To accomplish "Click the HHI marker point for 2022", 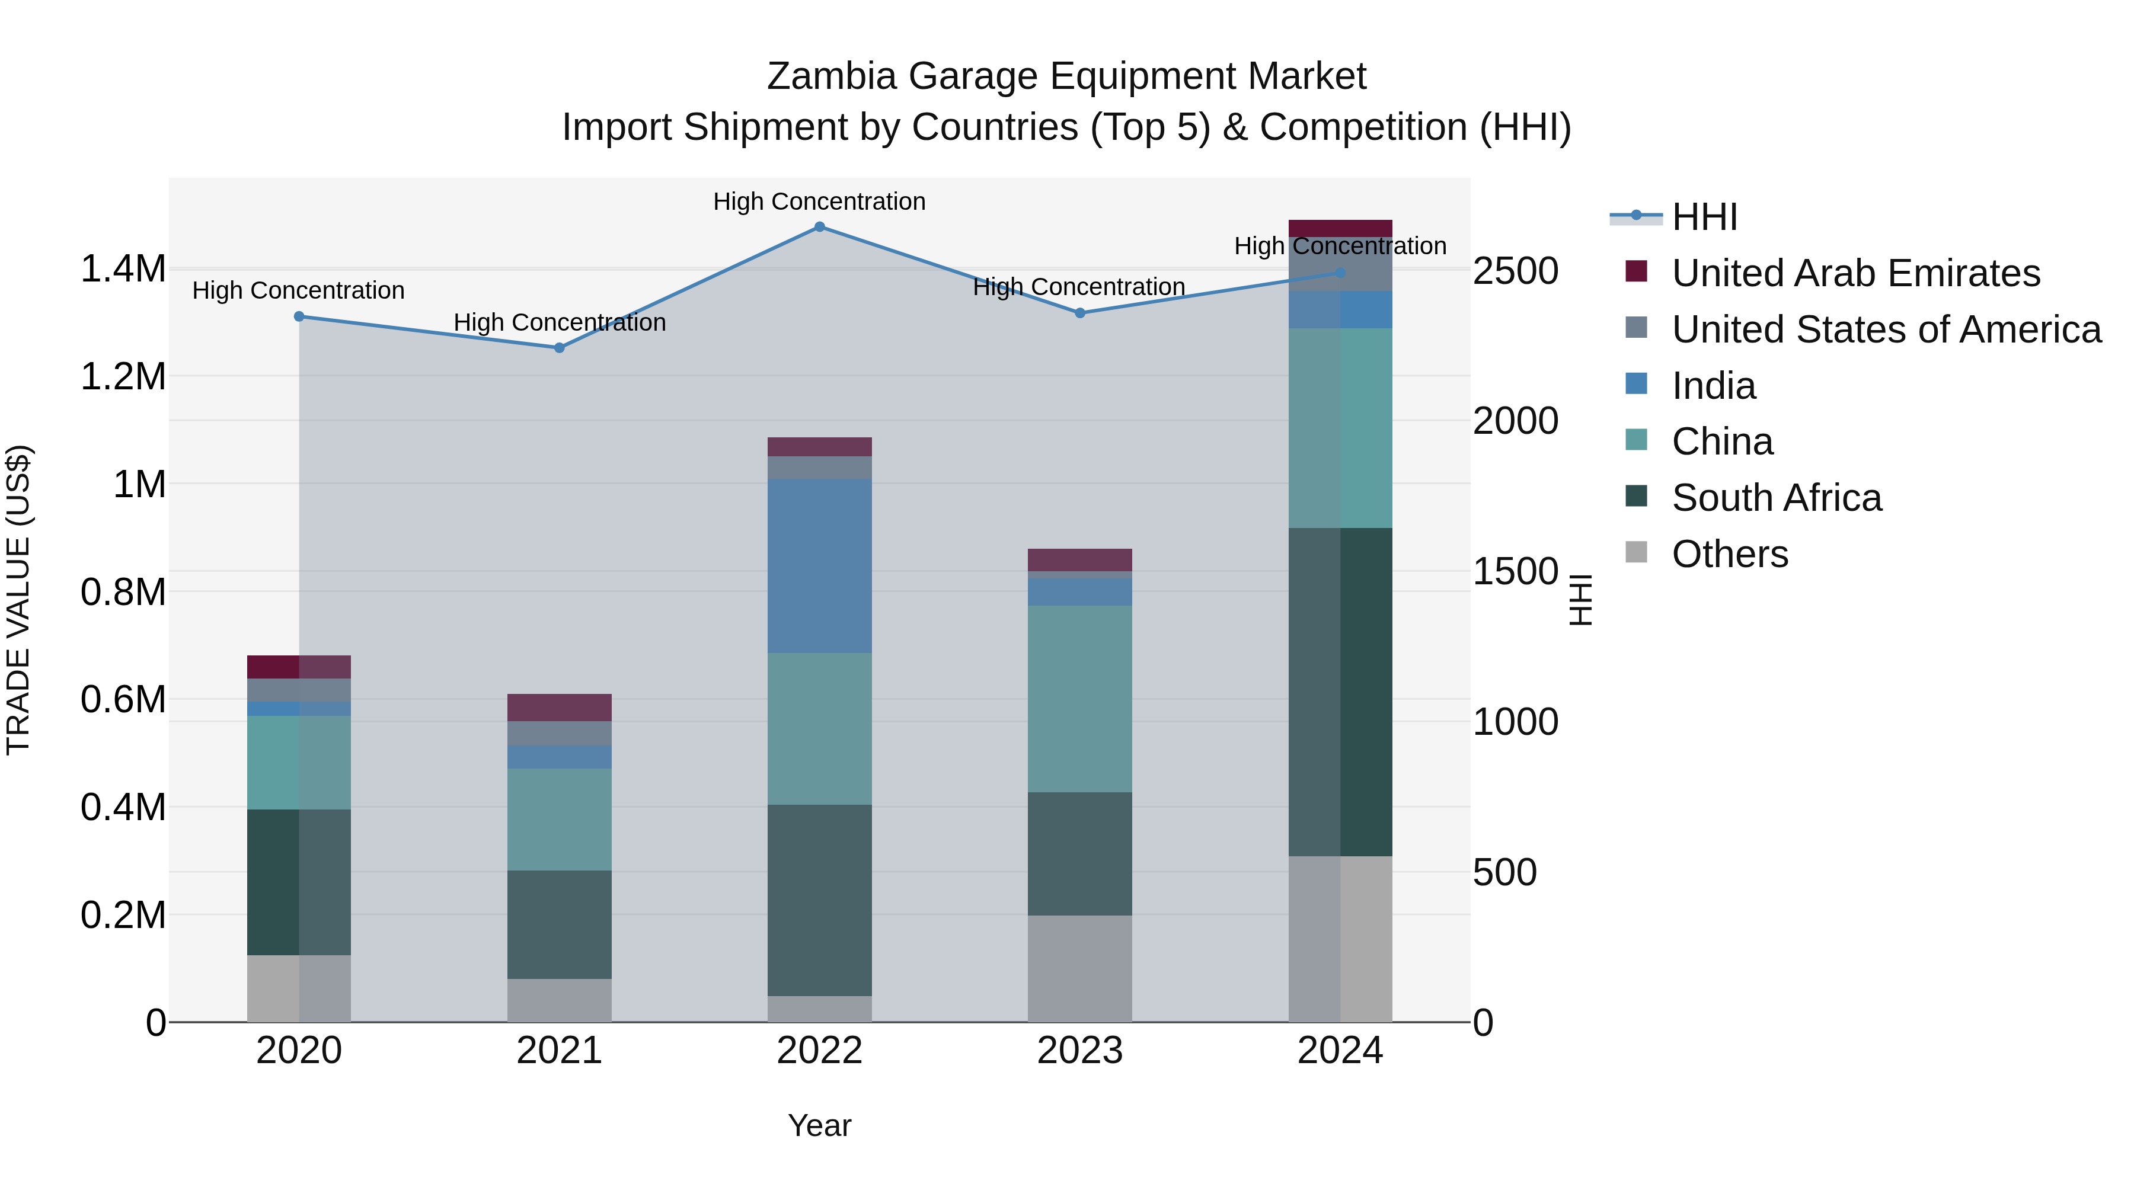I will coord(819,227).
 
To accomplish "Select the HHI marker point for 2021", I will coord(559,348).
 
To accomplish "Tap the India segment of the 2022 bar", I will coord(819,566).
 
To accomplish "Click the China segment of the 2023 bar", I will coord(1079,699).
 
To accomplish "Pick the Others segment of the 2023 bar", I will coord(1079,968).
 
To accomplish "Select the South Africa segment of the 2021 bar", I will coord(559,924).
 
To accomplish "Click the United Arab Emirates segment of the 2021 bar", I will coord(559,707).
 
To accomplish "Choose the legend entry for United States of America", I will coord(1886,329).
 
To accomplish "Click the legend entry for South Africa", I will coord(1776,498).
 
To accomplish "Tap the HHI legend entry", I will coord(1704,217).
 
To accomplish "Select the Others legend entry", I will coord(1730,554).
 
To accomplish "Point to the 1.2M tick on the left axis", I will coord(123,377).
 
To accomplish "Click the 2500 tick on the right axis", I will coord(1515,271).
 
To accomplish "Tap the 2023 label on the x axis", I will coord(1079,1051).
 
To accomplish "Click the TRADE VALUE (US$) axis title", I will coord(18,600).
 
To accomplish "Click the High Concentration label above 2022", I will coord(819,201).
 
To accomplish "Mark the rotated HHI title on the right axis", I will coord(1580,600).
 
